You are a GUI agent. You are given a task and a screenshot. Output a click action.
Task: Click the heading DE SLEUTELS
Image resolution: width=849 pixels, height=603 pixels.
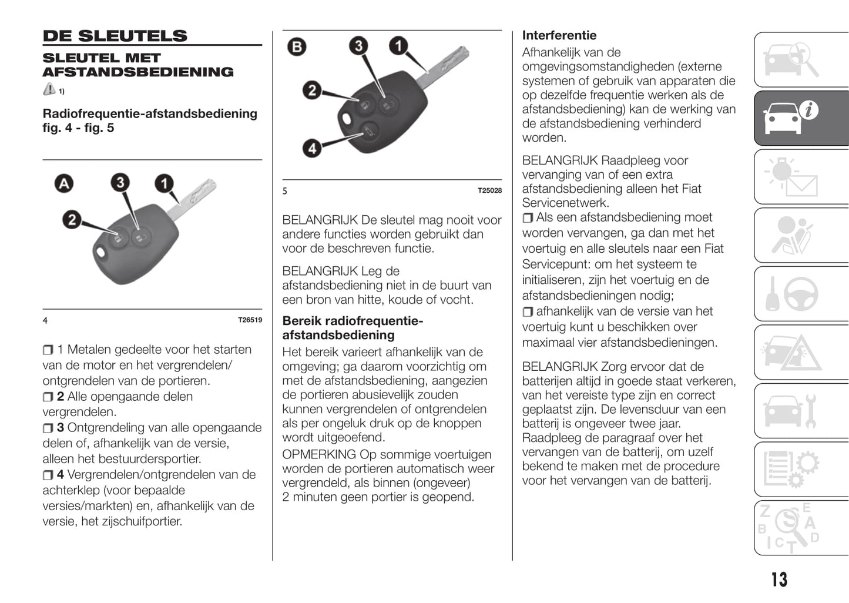click(115, 36)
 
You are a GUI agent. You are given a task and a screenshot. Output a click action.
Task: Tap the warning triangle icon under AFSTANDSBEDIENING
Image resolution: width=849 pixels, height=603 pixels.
click(49, 89)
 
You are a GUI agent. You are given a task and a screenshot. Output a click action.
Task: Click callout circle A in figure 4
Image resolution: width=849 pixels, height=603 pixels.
click(63, 184)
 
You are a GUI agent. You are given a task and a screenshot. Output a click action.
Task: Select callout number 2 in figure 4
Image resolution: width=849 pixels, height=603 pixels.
click(72, 220)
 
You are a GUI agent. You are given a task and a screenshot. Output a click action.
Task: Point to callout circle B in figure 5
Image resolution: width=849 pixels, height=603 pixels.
click(297, 46)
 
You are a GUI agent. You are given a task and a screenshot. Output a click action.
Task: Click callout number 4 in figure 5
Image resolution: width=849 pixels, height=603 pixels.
click(312, 148)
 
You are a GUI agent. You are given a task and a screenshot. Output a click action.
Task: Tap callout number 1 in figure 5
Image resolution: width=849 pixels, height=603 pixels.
click(398, 45)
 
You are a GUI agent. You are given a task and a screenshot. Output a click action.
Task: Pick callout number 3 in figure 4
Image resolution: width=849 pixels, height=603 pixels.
click(120, 182)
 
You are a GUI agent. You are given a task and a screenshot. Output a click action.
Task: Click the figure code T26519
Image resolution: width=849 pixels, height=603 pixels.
click(250, 320)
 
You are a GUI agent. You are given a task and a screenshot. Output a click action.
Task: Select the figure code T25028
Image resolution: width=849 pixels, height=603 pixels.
click(489, 190)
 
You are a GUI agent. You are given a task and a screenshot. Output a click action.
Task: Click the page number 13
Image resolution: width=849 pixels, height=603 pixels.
click(779, 579)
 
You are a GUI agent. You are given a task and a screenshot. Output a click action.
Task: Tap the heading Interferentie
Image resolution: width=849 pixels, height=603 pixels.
click(559, 35)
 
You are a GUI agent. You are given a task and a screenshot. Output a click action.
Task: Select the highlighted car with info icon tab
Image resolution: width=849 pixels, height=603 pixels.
click(801, 118)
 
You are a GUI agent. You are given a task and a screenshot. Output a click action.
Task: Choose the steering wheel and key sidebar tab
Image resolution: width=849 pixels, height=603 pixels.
click(801, 293)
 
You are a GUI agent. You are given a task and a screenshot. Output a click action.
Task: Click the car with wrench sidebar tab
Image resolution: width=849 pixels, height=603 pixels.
click(801, 410)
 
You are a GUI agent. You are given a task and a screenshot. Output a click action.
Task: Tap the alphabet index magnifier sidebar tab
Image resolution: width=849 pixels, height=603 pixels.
click(801, 527)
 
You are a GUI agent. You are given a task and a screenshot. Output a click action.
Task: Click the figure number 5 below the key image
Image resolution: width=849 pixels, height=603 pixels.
click(285, 191)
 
